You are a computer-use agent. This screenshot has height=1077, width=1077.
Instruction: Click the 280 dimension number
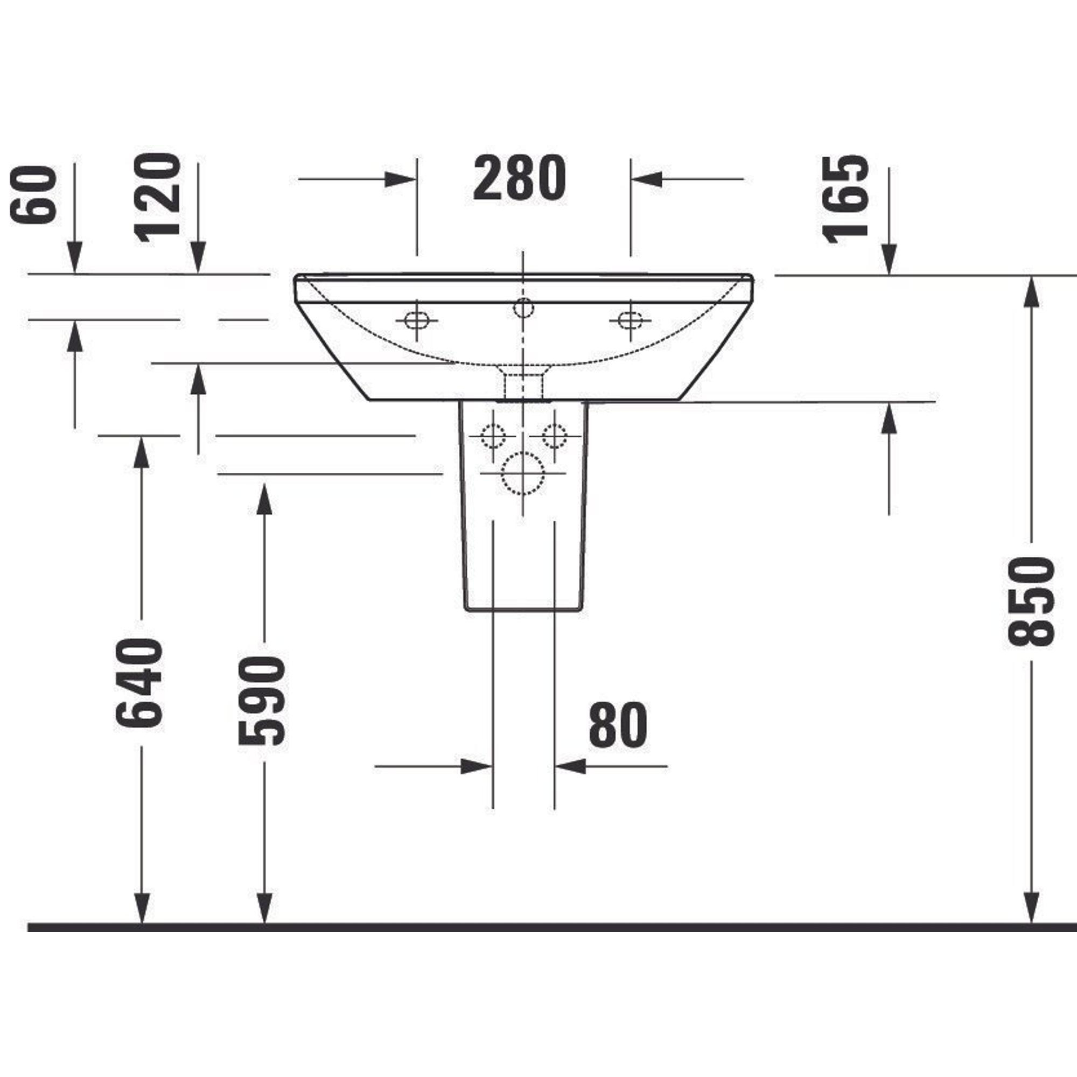click(519, 178)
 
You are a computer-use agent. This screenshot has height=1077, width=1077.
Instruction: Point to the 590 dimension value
click(262, 700)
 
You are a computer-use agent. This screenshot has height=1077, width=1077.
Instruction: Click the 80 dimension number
click(618, 725)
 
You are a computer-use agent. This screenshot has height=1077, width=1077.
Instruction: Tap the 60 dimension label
click(34, 194)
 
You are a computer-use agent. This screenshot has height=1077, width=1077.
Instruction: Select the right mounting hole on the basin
click(631, 320)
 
